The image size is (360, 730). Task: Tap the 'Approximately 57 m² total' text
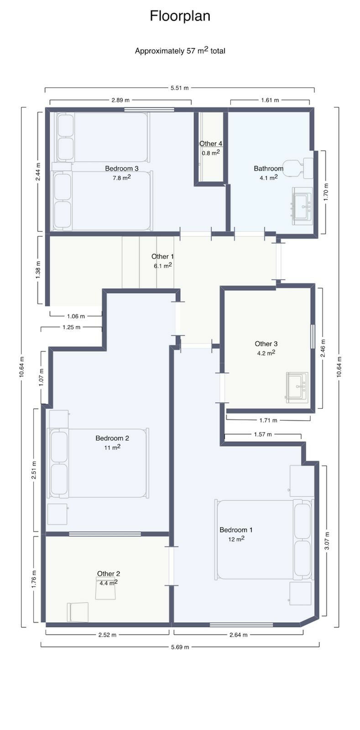180,51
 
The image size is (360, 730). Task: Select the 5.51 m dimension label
179,88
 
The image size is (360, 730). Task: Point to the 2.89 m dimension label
120,100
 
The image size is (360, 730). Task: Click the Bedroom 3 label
121,168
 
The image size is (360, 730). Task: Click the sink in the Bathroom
302,205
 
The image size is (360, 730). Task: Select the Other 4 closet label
211,143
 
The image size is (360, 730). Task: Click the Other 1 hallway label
162,256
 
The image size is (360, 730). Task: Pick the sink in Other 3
297,387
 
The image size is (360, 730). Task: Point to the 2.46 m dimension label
323,349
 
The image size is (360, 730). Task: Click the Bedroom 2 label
112,438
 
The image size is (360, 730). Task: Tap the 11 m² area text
112,447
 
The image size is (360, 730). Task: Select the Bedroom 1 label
236,530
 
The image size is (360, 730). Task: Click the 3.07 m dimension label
327,541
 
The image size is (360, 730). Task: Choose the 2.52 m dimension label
107,635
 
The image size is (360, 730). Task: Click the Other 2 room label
109,574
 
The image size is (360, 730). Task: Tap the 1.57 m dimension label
263,434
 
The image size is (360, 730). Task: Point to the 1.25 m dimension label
71,327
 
